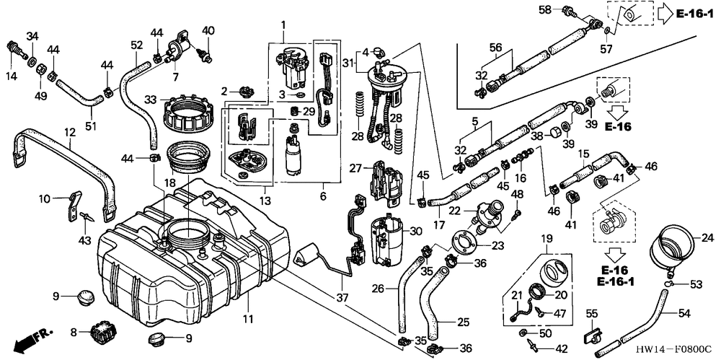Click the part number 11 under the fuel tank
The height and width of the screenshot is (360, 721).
tap(247, 319)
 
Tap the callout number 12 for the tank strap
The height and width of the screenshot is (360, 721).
tap(70, 133)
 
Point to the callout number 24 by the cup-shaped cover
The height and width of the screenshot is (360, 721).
tap(707, 237)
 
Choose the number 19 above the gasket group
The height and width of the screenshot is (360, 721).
tap(547, 238)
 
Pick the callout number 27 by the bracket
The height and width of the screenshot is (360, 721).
tap(355, 167)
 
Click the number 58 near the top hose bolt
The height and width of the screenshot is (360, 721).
tap(546, 9)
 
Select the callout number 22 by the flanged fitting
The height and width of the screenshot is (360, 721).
tap(454, 210)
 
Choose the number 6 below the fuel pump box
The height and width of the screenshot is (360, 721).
tap(322, 196)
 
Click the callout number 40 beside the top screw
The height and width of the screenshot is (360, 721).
tap(208, 30)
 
